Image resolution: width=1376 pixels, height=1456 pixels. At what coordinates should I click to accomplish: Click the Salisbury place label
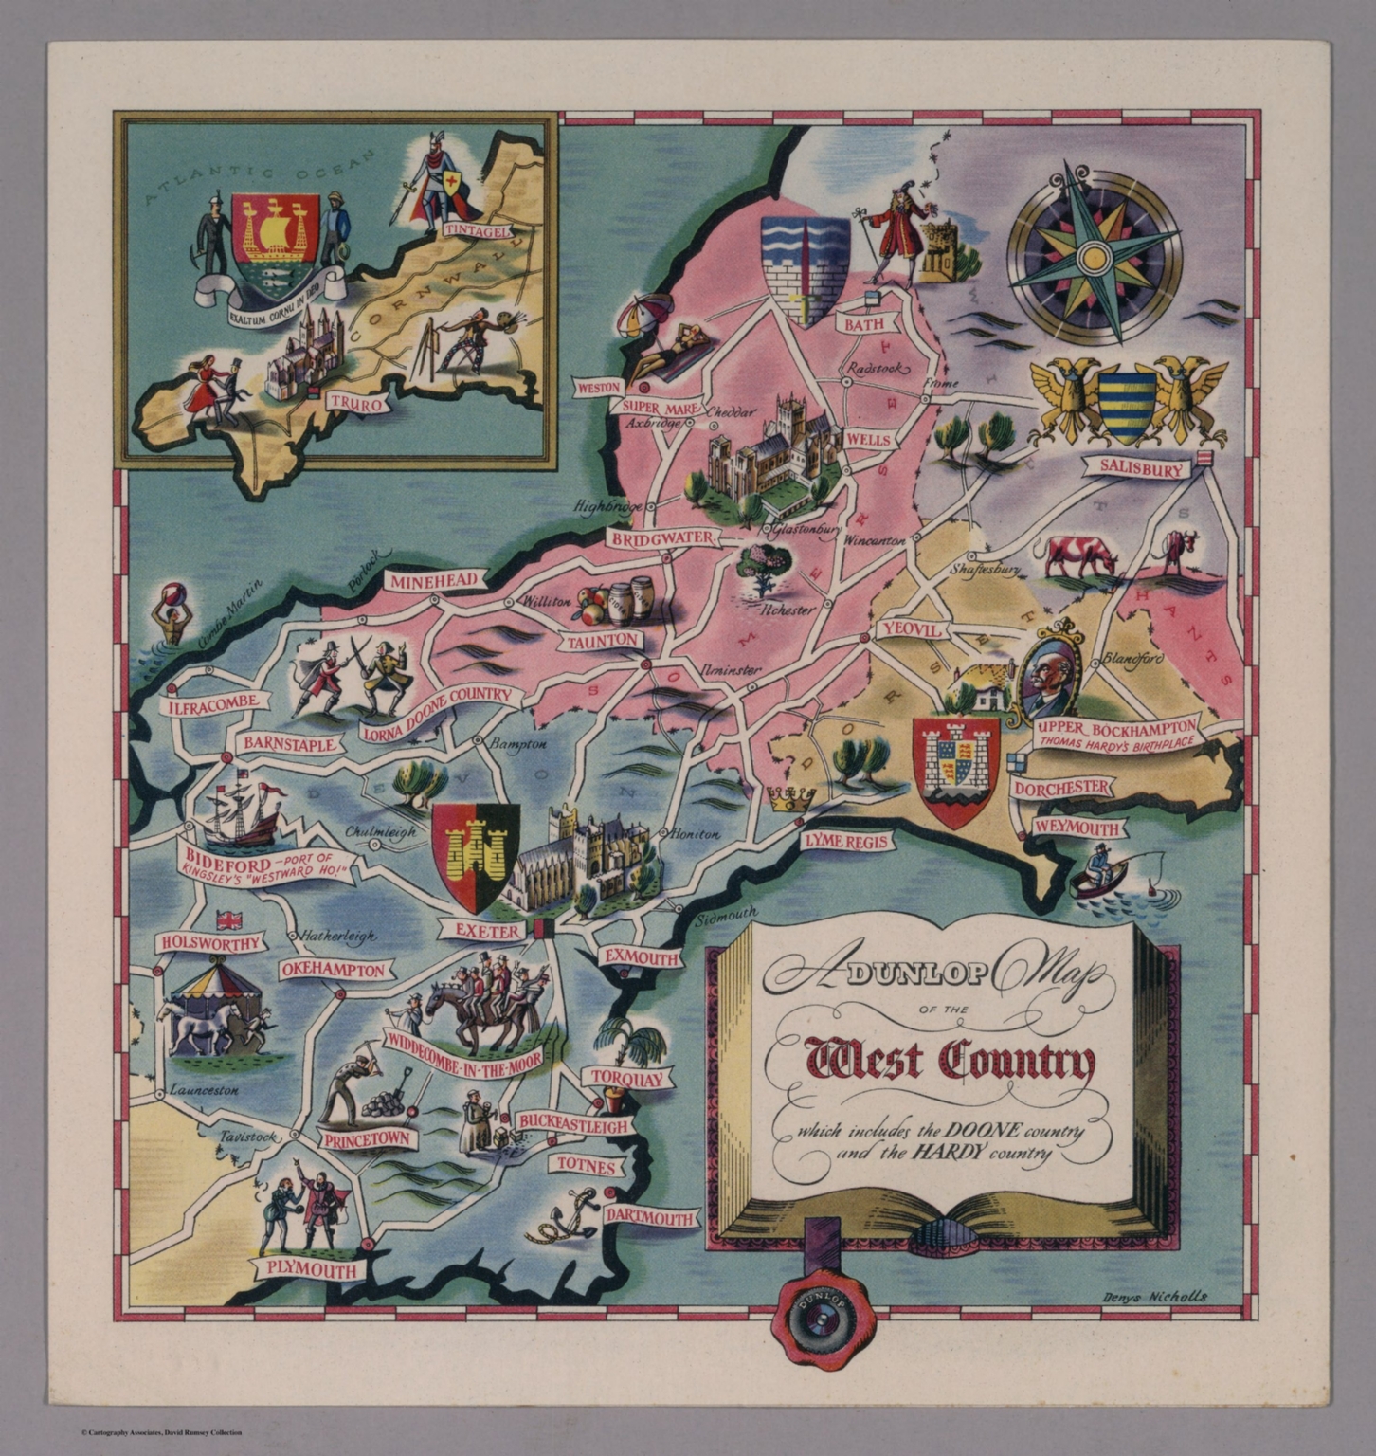pos(1140,468)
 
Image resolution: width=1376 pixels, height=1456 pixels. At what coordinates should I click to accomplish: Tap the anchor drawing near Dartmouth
pos(569,1218)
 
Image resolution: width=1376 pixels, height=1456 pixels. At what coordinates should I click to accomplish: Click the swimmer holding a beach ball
pos(171,615)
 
